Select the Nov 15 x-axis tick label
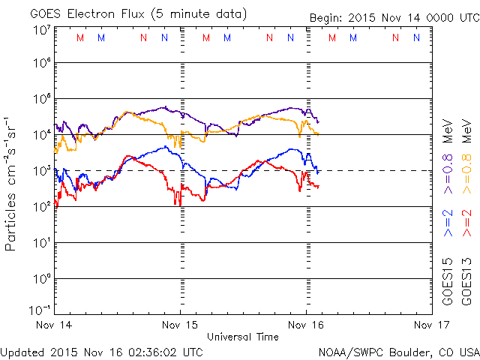coord(181,325)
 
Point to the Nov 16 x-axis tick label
coord(306,325)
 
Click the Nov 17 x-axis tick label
coord(431,325)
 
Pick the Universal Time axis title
coord(243,337)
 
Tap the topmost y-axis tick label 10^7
coord(41,30)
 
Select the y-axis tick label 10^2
coord(41,205)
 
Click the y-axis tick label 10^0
coord(41,277)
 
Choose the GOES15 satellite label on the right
coord(448,281)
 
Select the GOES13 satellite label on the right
coord(466,281)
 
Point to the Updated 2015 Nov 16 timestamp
coord(102,351)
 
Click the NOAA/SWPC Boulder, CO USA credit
coord(398,351)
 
